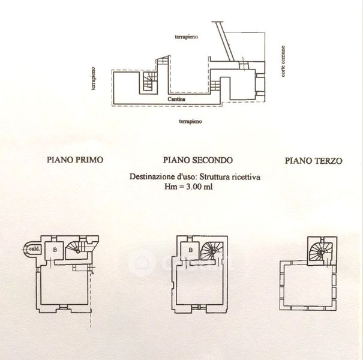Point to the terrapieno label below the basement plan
click(x=189, y=121)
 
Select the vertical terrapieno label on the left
click(x=94, y=78)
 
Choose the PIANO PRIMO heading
click(x=75, y=160)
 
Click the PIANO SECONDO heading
click(x=197, y=160)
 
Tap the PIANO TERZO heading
click(x=313, y=160)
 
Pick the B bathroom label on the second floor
click(x=190, y=250)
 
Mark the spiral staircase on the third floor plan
click(x=319, y=250)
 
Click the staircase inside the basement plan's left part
click(x=148, y=83)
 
